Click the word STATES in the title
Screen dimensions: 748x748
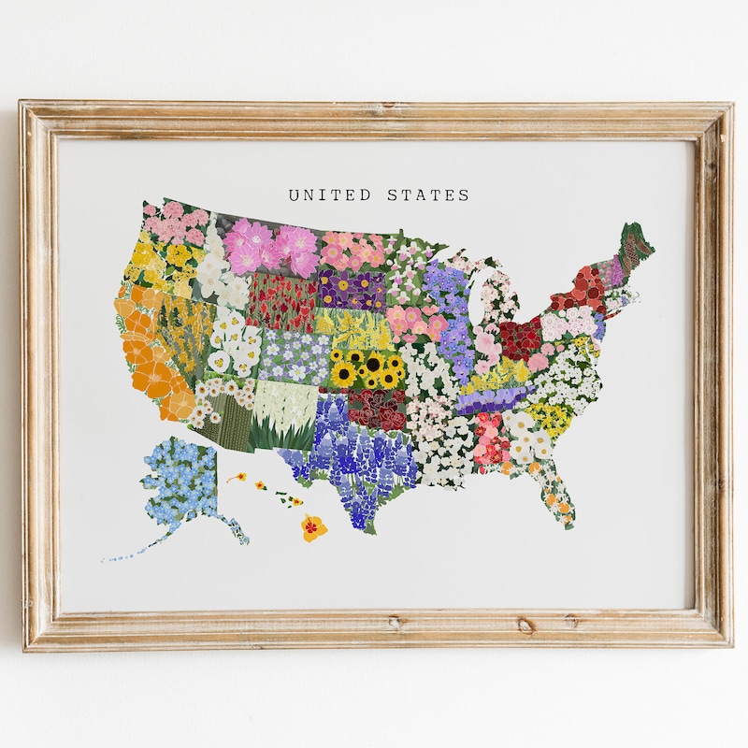click(x=428, y=195)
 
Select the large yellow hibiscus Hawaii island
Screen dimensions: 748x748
click(x=313, y=528)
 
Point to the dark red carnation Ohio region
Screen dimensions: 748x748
click(x=520, y=338)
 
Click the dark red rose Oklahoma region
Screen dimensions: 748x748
click(x=379, y=408)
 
